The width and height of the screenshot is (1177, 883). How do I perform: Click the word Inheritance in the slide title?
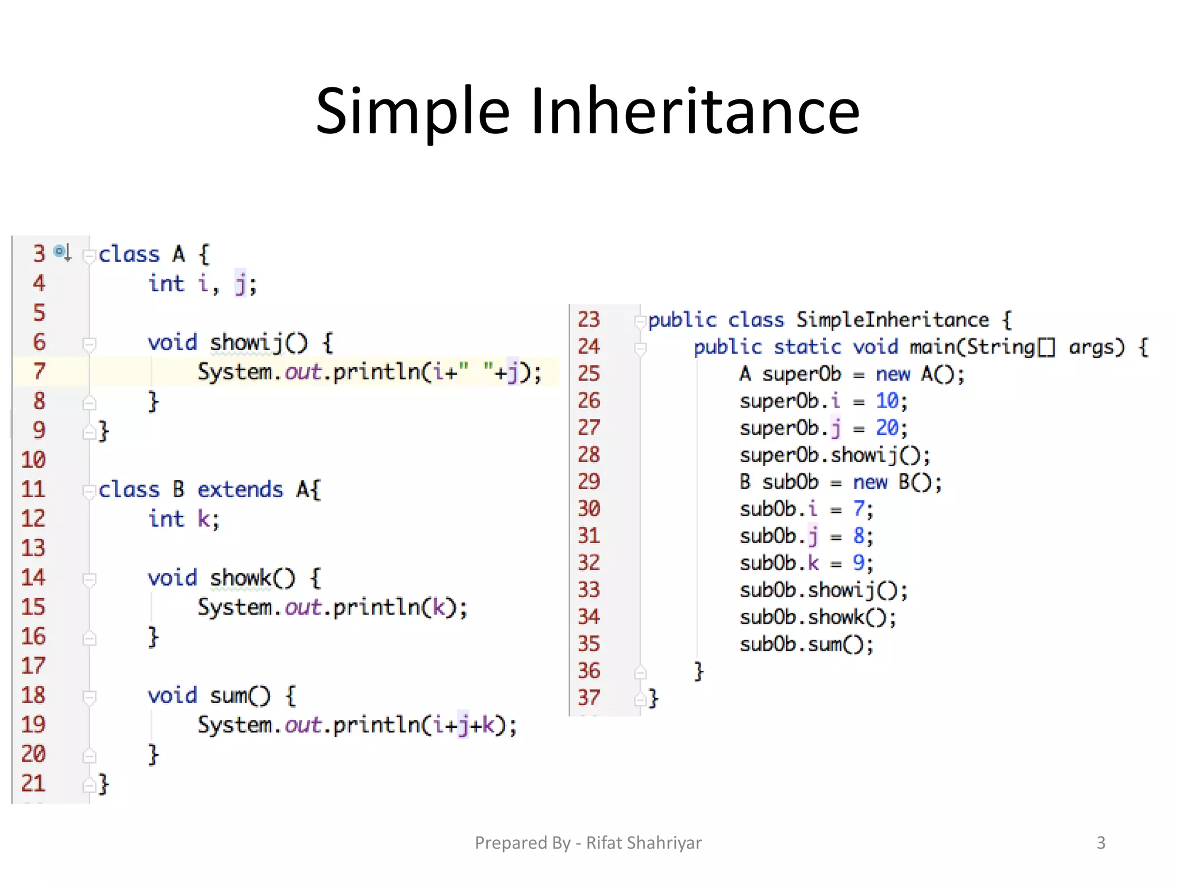[x=695, y=111]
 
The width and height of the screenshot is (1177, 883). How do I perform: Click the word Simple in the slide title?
[x=413, y=111]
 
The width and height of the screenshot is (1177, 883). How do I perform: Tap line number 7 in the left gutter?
[x=39, y=371]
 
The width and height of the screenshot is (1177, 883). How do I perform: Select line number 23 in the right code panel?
[x=588, y=319]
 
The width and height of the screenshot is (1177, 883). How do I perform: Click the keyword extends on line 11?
[x=240, y=490]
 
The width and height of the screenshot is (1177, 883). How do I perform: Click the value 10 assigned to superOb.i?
[x=887, y=401]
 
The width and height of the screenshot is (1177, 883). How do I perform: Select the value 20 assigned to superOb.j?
[x=887, y=428]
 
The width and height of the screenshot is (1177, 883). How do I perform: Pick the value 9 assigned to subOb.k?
[x=858, y=563]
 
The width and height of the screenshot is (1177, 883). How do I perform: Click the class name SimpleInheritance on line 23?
[x=892, y=320]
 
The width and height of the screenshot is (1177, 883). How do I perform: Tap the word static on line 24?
[x=807, y=347]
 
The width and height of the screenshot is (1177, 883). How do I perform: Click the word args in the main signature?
[x=1095, y=347]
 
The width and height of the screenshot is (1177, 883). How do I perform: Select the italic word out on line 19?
[x=303, y=725]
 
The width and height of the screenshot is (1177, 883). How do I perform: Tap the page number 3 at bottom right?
[x=1101, y=843]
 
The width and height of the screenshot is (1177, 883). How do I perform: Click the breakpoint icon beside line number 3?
[x=61, y=252]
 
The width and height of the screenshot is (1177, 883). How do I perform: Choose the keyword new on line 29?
[x=870, y=482]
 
